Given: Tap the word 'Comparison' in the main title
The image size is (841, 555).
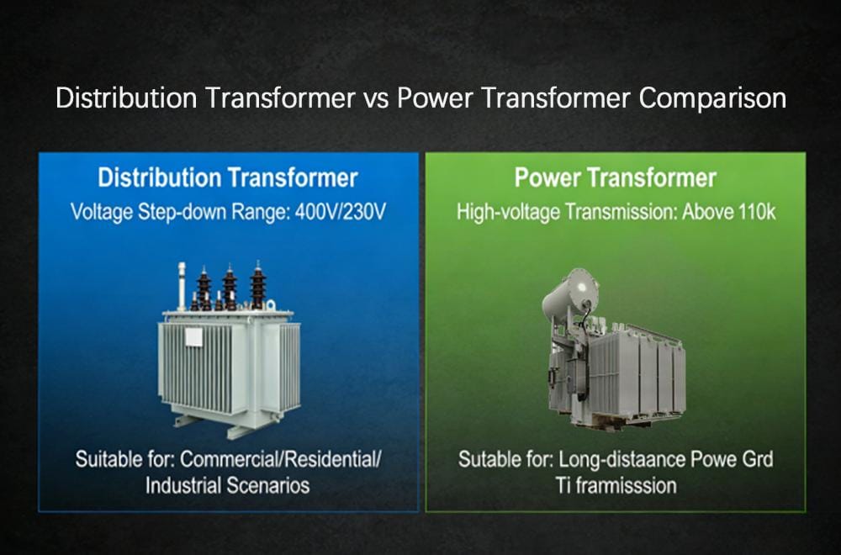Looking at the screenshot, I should [713, 98].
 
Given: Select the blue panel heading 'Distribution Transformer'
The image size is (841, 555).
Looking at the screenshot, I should [228, 178].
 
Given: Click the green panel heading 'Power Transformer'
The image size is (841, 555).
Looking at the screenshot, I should [616, 178].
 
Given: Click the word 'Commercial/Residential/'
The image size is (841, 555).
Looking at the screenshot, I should [281, 460].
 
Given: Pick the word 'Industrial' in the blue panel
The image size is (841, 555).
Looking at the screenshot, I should [182, 485].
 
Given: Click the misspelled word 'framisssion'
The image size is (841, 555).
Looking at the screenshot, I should [627, 485].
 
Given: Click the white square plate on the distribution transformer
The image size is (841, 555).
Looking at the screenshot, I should [193, 337].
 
